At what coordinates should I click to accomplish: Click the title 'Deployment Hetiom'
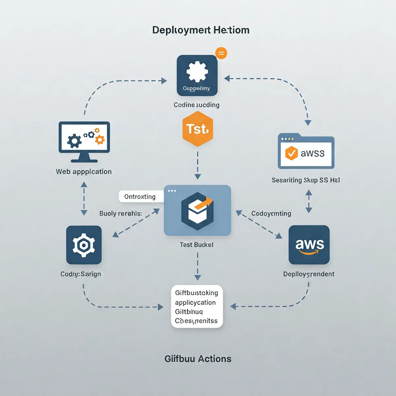201,30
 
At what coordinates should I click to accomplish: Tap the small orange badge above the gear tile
221,53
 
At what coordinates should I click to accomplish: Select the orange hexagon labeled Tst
198,129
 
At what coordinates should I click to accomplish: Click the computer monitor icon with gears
84,141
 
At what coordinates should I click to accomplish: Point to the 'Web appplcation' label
84,172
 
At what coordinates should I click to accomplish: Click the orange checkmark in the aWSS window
291,153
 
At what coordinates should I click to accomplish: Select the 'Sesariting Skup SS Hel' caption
306,180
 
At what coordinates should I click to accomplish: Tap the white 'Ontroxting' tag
140,197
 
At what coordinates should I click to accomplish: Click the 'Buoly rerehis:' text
120,214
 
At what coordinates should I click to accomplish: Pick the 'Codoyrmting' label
271,214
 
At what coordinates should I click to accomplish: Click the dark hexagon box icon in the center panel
197,211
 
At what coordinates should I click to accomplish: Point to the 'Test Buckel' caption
196,245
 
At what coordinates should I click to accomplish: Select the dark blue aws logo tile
309,245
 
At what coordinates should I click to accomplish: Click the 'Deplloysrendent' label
309,274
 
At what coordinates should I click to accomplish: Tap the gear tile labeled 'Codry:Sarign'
84,245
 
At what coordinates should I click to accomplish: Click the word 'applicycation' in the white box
195,303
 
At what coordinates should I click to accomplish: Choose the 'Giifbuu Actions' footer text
198,359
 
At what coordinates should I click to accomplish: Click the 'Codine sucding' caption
196,105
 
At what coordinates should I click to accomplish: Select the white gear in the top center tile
197,72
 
